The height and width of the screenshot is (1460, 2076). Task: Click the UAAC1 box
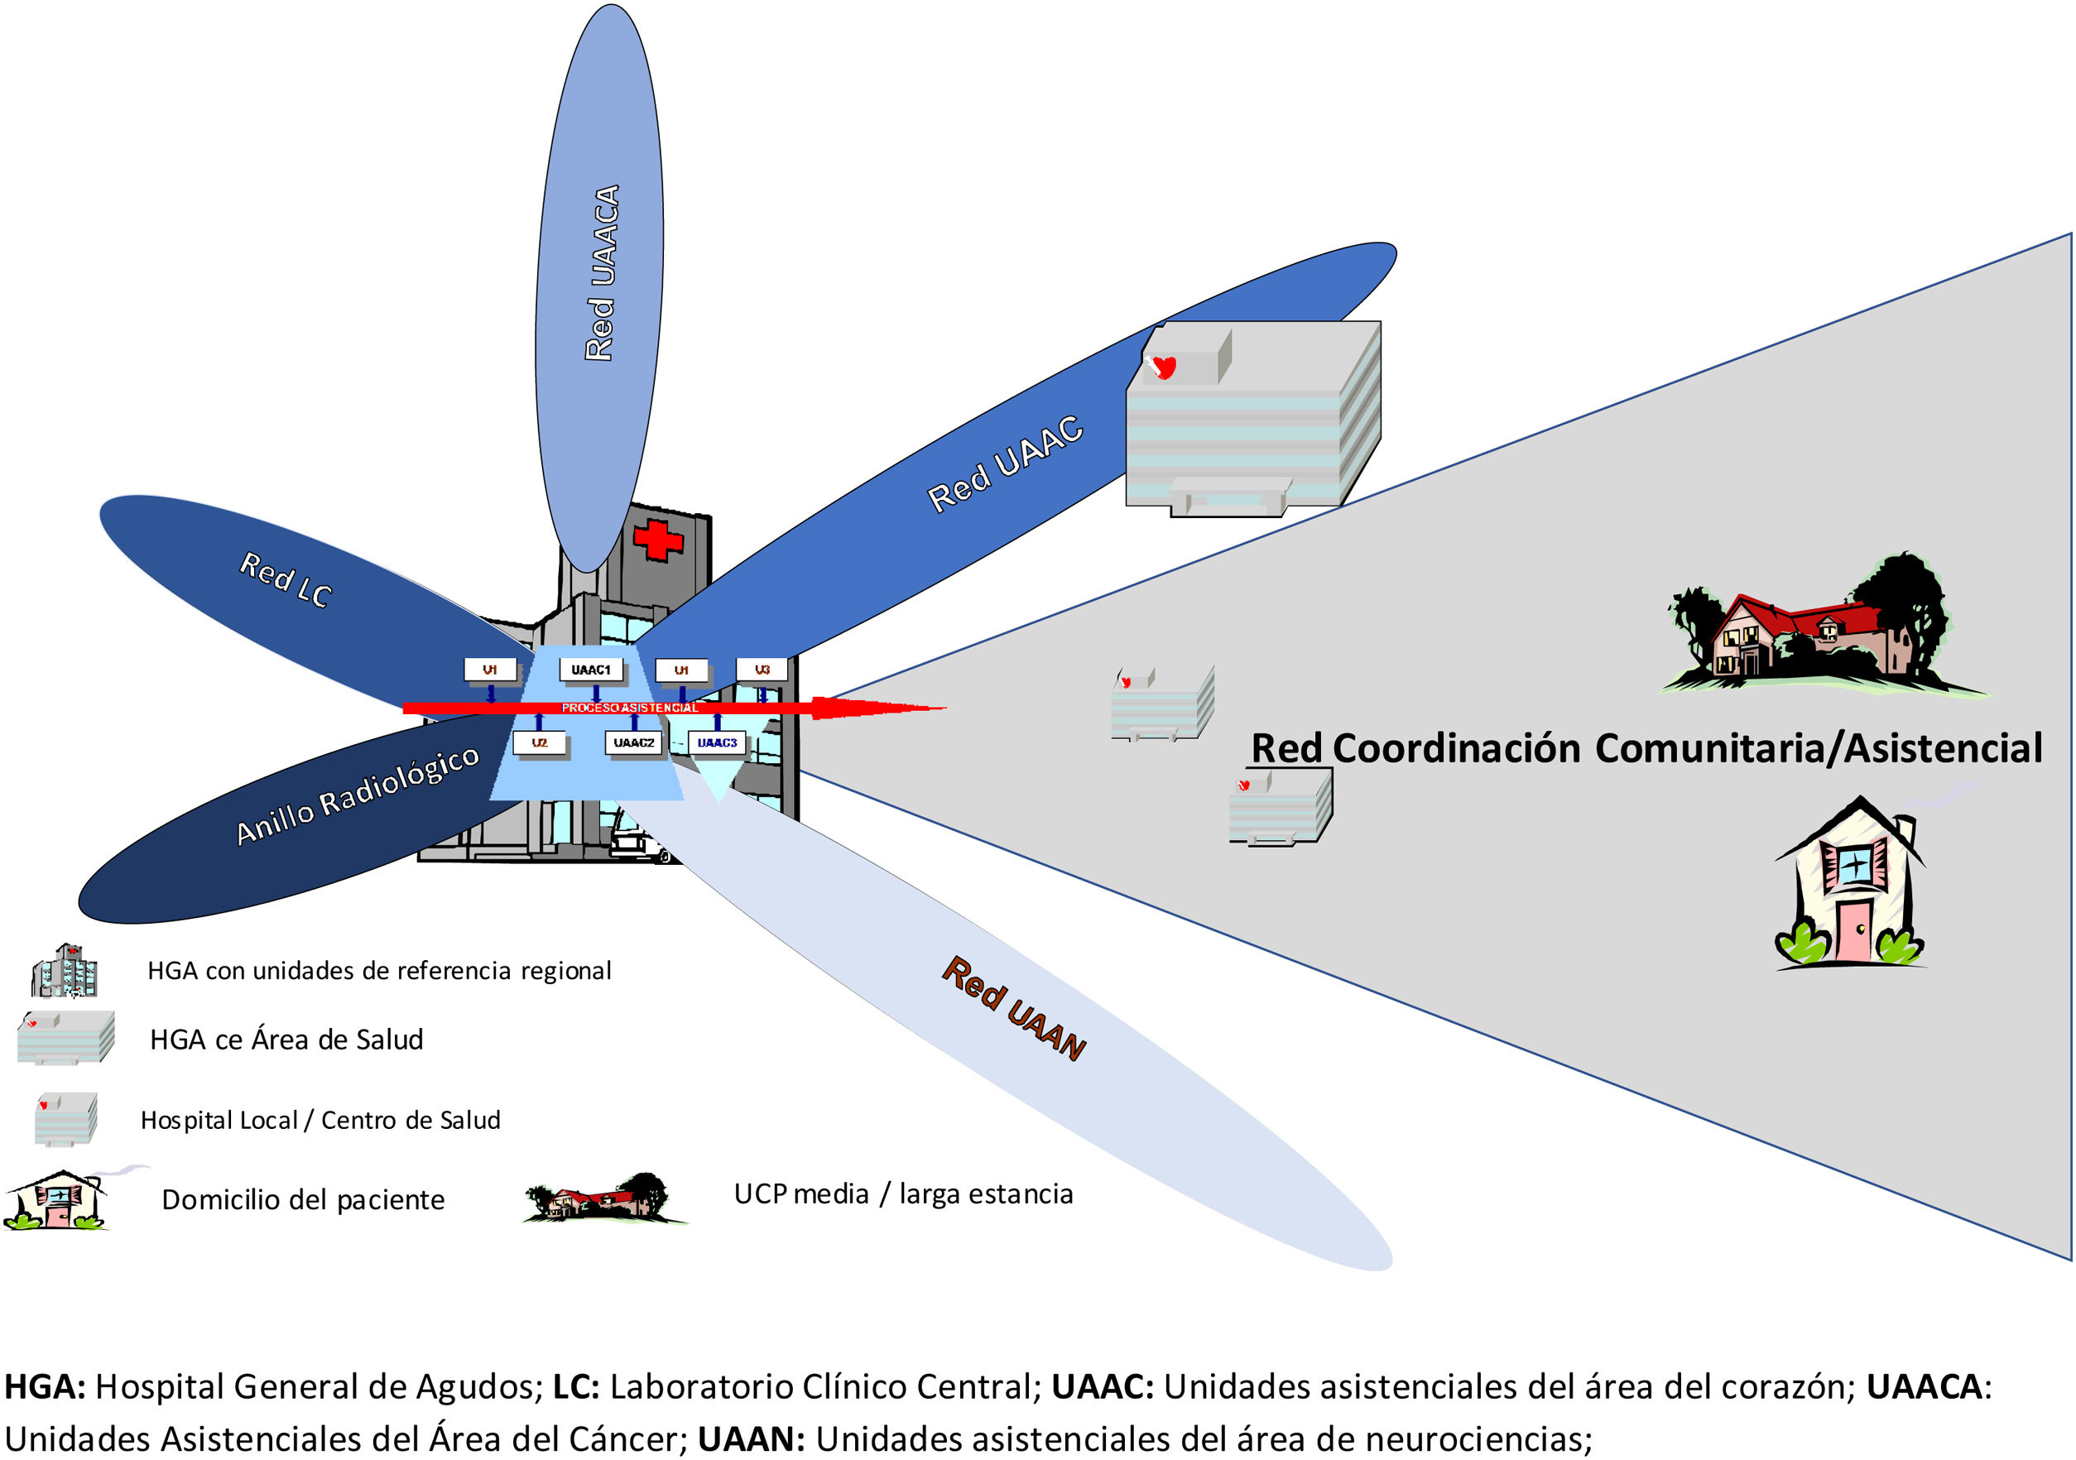click(590, 670)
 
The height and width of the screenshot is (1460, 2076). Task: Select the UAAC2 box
click(634, 743)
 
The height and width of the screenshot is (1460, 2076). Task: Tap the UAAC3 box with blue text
click(717, 743)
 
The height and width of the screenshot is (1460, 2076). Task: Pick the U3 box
click(762, 670)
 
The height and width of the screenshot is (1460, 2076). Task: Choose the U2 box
click(539, 743)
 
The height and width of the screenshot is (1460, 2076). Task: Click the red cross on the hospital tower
click(657, 540)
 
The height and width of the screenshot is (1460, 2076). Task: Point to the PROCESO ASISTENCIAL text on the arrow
click(629, 708)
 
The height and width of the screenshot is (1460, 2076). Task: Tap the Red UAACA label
click(602, 273)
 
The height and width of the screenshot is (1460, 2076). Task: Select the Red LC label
click(286, 579)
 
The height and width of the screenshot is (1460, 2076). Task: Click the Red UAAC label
click(1006, 463)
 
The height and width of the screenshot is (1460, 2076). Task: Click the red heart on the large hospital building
click(1165, 367)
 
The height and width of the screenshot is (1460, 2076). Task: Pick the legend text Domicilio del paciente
click(303, 1199)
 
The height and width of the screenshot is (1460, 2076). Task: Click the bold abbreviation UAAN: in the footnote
click(751, 1438)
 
